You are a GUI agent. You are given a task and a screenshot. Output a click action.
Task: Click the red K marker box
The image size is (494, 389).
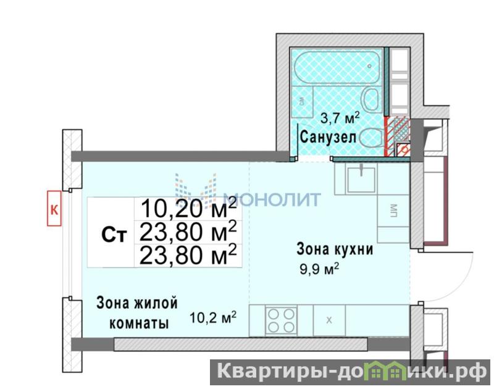point(54,208)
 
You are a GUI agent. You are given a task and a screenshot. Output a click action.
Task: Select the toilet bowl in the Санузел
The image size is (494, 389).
point(371,138)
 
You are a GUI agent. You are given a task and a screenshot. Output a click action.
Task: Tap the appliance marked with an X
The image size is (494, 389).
point(329,320)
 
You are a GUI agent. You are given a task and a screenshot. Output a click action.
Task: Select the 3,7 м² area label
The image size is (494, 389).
point(340,118)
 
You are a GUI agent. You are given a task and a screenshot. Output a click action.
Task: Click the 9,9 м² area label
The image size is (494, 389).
point(319,269)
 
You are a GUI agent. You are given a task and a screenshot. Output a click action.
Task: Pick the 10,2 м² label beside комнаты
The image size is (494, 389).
point(213,317)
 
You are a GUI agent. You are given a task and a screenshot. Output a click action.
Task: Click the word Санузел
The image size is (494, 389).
point(328,137)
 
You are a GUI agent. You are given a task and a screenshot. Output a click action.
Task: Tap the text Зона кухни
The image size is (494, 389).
point(335,249)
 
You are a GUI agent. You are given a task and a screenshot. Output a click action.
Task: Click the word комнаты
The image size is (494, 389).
point(138,323)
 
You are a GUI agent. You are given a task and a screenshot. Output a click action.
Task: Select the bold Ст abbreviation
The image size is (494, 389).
point(114,235)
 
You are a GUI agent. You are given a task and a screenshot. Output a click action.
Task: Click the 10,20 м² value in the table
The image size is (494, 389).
point(188,208)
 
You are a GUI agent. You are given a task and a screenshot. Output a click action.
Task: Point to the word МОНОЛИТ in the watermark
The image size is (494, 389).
point(272,199)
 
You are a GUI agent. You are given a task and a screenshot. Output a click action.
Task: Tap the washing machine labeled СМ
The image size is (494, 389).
point(302,101)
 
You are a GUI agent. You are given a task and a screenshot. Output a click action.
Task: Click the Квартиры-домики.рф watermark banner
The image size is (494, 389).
point(351,372)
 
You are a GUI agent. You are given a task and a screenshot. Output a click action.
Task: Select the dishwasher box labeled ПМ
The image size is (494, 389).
point(394,211)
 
